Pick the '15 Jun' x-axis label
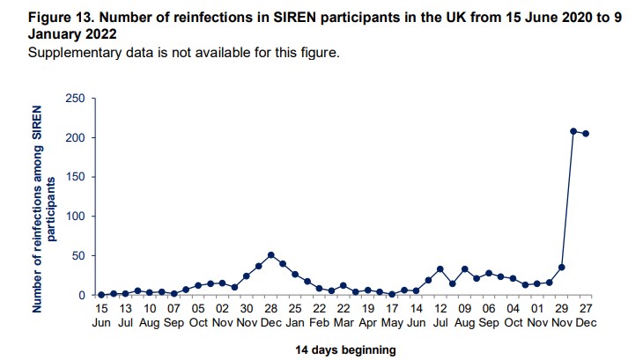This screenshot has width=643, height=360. click(x=101, y=317)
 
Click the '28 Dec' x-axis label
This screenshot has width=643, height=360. click(x=271, y=317)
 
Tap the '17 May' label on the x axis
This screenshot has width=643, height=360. click(x=392, y=317)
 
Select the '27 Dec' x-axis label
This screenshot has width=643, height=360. click(x=586, y=317)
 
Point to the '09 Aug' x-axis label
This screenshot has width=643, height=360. click(x=464, y=317)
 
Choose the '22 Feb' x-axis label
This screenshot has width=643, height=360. click(x=320, y=317)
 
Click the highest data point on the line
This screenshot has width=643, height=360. click(x=573, y=131)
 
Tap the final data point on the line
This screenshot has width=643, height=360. click(x=586, y=134)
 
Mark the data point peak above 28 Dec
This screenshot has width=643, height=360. click(x=271, y=255)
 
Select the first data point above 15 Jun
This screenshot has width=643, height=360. click(x=101, y=294)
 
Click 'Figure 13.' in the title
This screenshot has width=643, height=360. click(x=63, y=17)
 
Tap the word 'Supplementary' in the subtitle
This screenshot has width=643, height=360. click(x=73, y=52)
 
